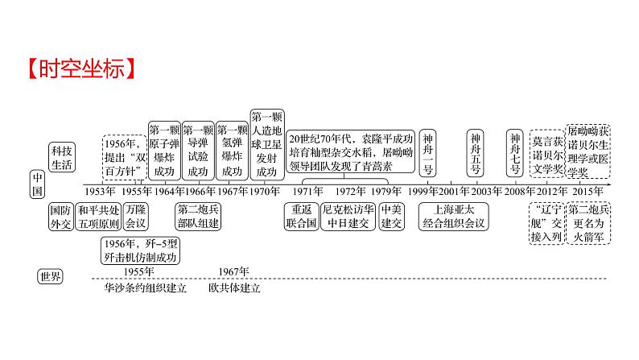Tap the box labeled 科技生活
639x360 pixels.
[61, 157]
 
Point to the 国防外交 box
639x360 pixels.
[61, 215]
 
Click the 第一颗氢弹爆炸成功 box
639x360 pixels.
[231, 150]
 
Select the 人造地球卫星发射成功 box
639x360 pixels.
[266, 143]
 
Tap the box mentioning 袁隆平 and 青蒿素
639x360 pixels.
[351, 152]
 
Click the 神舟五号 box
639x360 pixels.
[476, 154]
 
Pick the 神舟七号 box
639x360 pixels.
[515, 154]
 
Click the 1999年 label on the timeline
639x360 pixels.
[423, 191]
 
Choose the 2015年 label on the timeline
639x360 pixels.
[589, 191]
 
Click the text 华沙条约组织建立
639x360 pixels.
[146, 288]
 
